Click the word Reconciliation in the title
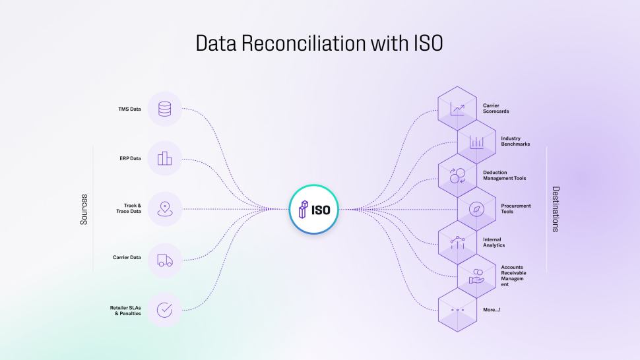click(304, 44)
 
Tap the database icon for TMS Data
click(164, 109)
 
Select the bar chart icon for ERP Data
click(164, 158)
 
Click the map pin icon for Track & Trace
click(164, 209)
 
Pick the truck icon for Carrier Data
click(165, 260)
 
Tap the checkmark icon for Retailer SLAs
click(164, 310)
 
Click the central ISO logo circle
click(314, 210)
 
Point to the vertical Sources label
click(84, 209)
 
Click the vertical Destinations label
click(556, 209)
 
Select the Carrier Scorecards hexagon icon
click(457, 108)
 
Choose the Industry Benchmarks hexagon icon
click(476, 142)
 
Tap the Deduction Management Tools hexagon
click(457, 176)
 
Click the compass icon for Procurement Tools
click(476, 209)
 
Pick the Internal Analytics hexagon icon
click(457, 243)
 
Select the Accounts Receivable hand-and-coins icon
click(476, 276)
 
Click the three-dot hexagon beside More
click(457, 310)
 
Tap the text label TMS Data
click(129, 109)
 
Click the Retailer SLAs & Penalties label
click(125, 311)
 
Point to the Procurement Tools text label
click(516, 209)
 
